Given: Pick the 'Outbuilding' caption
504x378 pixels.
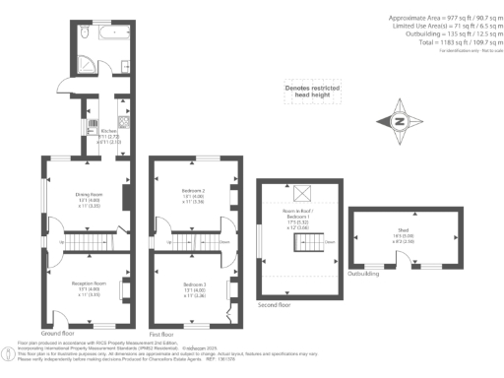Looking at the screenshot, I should point(366,275).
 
